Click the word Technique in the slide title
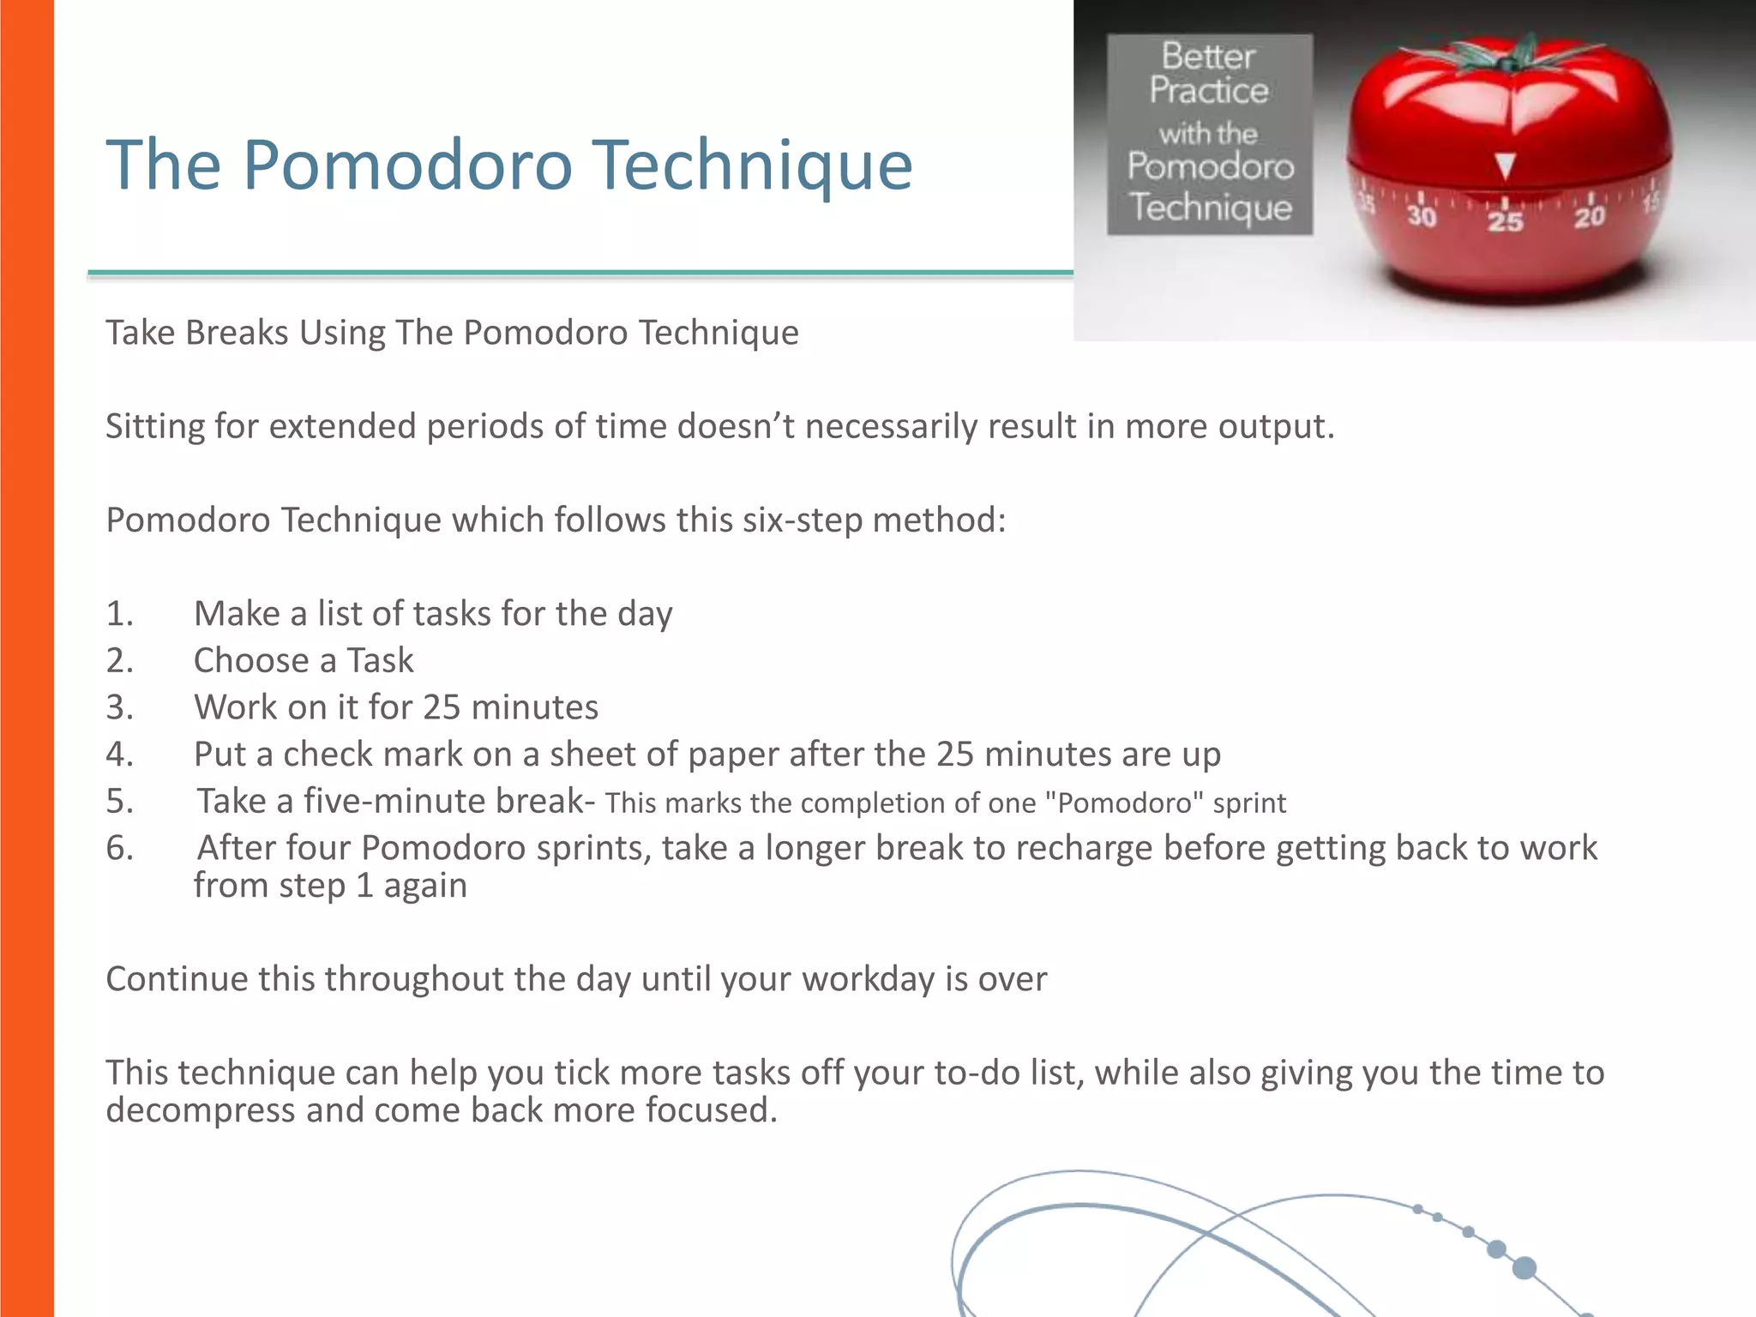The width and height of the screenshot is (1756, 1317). (754, 165)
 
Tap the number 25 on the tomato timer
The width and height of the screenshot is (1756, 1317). (1505, 221)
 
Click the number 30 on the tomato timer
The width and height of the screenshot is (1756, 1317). (1422, 215)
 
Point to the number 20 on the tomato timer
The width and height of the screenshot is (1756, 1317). (1589, 216)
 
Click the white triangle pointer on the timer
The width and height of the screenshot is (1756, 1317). (1505, 165)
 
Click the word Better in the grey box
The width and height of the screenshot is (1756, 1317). (1208, 57)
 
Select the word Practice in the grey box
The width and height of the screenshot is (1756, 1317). (1209, 91)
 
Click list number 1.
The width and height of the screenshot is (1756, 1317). (119, 614)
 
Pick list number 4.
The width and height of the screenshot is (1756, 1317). (119, 755)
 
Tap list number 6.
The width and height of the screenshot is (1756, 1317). (119, 848)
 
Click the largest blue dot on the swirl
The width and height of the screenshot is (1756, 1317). (1524, 1267)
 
